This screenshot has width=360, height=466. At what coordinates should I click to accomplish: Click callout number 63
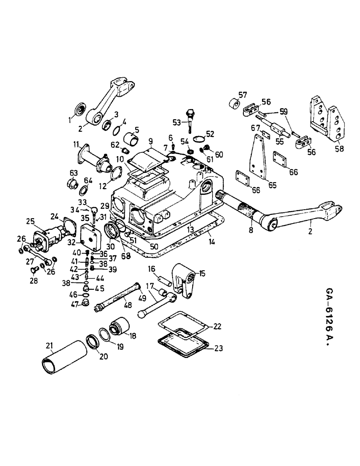(73, 172)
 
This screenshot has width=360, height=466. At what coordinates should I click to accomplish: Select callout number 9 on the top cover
(151, 141)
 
